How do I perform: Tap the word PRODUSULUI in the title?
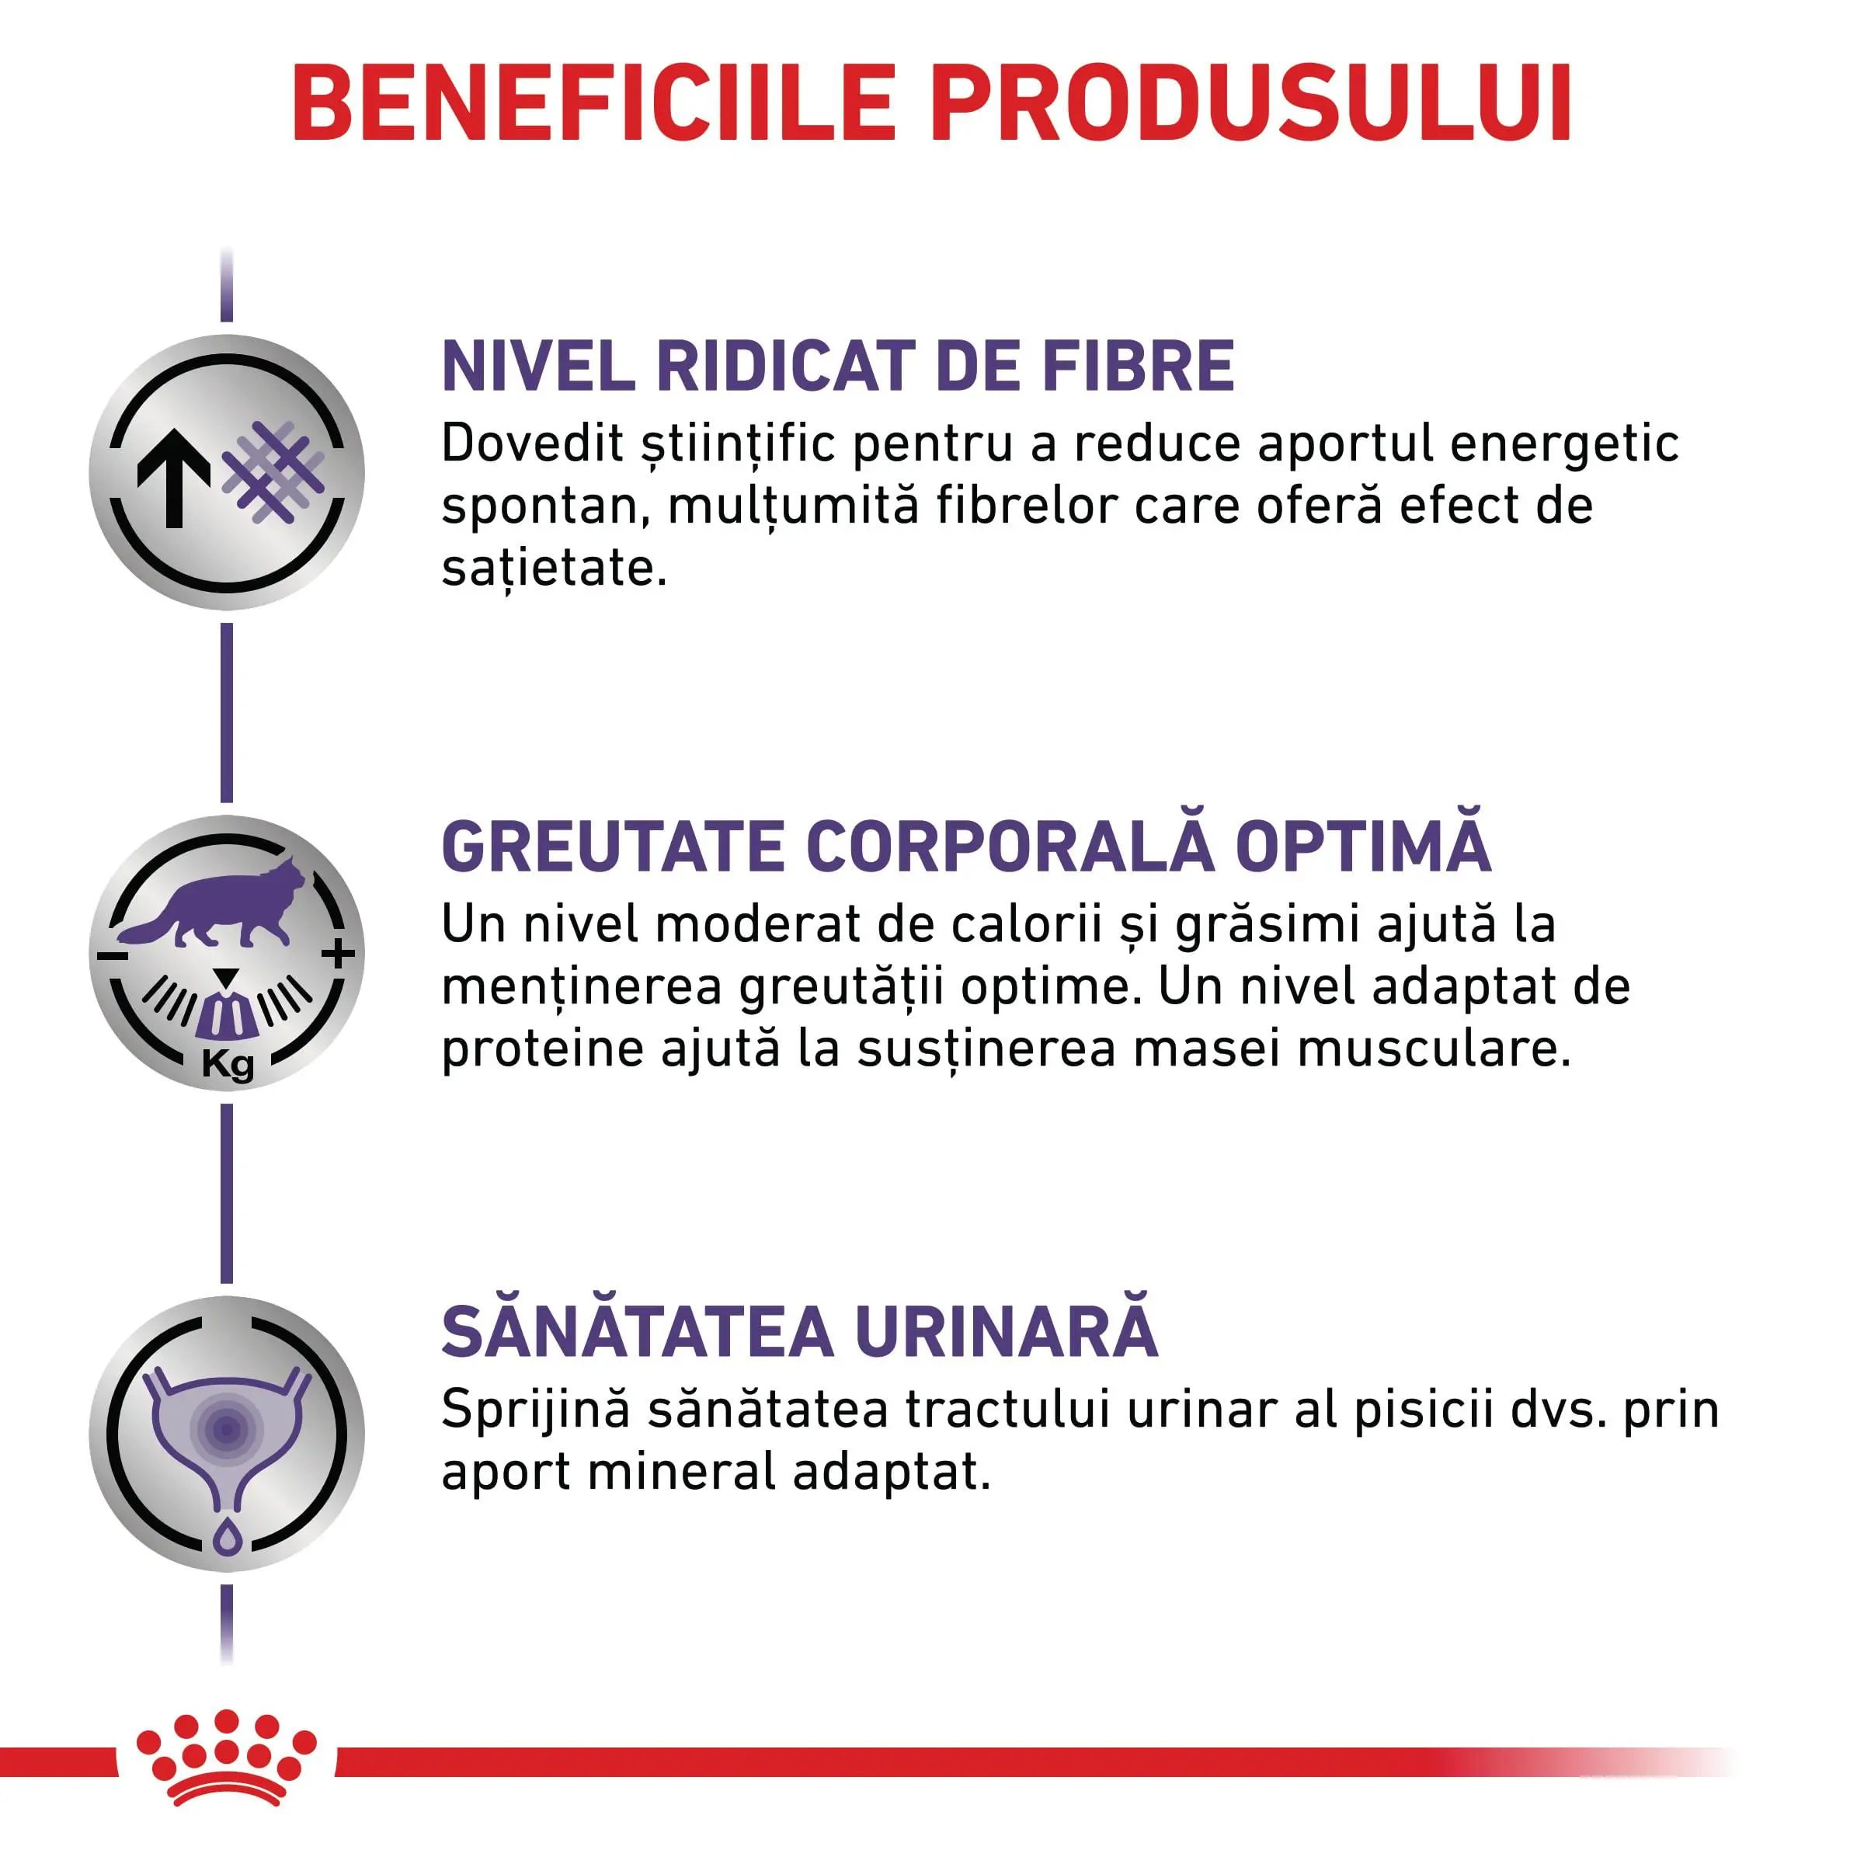click(1251, 104)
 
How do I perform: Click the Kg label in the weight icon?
click(228, 1064)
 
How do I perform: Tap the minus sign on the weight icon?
click(112, 956)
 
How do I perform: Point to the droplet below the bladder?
click(227, 1536)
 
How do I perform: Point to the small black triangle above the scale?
click(227, 977)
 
